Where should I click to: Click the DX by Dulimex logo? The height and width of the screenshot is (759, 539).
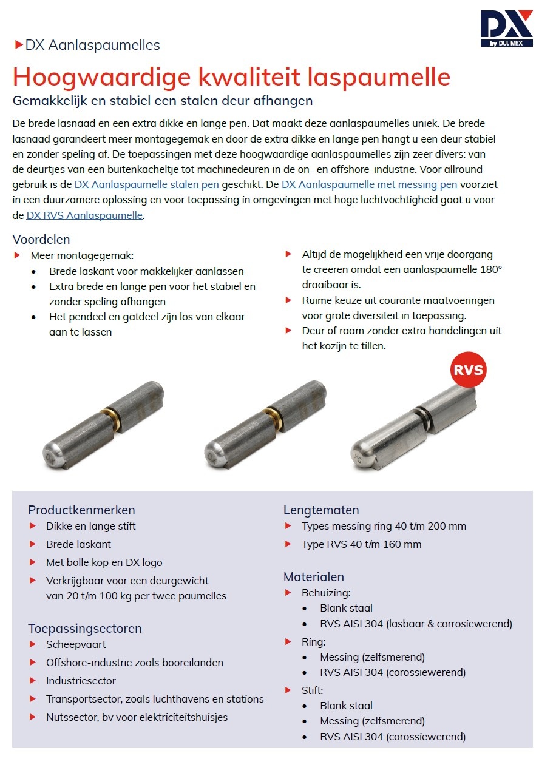[506, 28]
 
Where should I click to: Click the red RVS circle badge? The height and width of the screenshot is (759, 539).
[468, 369]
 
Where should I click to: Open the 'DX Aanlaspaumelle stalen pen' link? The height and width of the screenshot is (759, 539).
[146, 184]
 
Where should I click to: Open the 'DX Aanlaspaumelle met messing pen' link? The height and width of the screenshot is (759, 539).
[369, 184]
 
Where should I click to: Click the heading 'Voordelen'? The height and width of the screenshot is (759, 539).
[41, 240]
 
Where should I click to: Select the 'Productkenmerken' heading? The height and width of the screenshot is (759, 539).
[81, 510]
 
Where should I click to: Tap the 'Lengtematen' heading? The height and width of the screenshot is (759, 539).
[321, 510]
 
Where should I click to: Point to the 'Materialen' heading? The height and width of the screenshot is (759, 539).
[314, 577]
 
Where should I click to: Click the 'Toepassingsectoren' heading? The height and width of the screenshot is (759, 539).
[85, 629]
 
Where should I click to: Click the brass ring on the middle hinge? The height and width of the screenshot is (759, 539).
[274, 419]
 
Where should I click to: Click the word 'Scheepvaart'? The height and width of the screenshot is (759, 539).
[76, 644]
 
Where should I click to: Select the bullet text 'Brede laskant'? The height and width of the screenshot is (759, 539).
[78, 544]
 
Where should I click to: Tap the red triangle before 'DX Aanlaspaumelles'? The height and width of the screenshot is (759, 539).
[18, 45]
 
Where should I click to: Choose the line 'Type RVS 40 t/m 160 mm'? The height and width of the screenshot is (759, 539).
[361, 544]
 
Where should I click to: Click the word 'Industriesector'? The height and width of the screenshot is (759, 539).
[81, 681]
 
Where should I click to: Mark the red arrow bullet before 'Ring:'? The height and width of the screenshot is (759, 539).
[289, 641]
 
